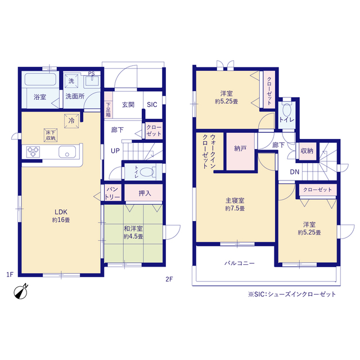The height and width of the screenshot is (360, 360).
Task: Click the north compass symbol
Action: [21, 291]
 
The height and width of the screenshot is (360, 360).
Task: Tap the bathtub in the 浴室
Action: [40, 79]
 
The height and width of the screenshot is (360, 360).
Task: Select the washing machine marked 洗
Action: [71, 81]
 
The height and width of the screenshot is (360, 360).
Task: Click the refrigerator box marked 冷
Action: [71, 121]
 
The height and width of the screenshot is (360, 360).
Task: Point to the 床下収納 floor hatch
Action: [51, 135]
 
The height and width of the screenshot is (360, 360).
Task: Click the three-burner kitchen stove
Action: [33, 152]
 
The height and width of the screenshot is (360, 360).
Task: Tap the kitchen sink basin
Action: [67, 152]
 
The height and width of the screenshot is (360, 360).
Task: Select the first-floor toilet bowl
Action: [146, 172]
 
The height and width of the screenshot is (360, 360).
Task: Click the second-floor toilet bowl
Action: [287, 110]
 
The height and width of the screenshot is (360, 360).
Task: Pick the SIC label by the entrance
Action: [152, 105]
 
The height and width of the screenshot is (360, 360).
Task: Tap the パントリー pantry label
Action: [112, 193]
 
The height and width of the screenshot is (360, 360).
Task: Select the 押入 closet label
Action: [145, 193]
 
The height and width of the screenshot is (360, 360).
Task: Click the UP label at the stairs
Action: [115, 151]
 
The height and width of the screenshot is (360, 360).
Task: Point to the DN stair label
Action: [295, 172]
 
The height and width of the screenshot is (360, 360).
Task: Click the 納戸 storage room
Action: [240, 151]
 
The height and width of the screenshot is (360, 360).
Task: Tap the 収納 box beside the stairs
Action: [307, 151]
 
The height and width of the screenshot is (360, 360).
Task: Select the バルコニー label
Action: [240, 263]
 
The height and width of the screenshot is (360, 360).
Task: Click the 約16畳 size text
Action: [61, 220]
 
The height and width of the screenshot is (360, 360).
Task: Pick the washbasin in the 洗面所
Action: [92, 81]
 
